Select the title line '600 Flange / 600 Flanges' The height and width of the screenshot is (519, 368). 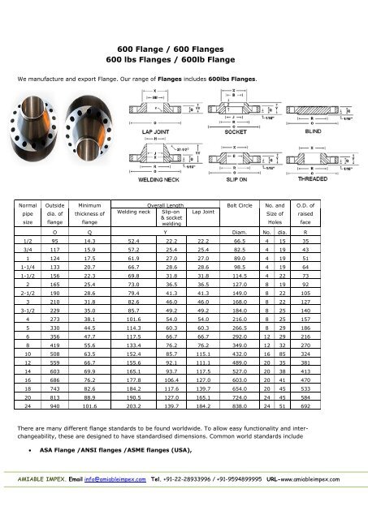184,49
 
